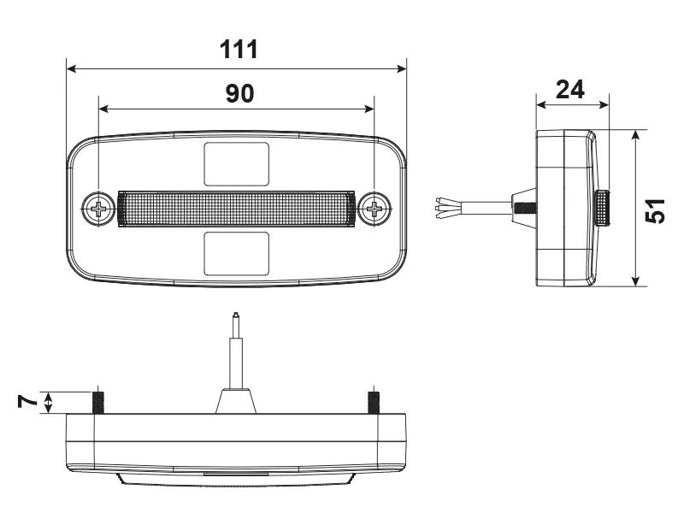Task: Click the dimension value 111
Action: coord(239,50)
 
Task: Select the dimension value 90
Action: coord(239,93)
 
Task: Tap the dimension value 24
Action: coord(570,89)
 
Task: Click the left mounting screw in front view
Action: coord(100,208)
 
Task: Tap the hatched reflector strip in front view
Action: coord(236,208)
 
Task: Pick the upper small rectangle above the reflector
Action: coord(236,162)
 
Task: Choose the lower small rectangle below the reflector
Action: coord(236,253)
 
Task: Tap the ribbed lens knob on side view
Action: coord(604,208)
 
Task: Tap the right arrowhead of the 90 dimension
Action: coord(369,109)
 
